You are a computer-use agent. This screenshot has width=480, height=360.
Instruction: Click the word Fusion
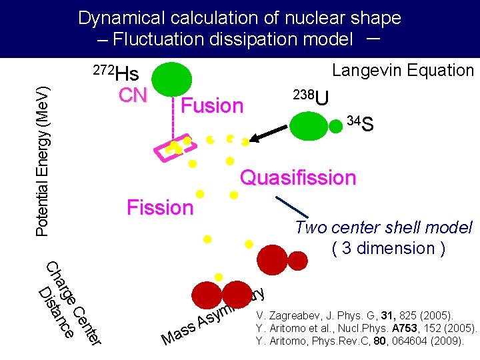tap(212, 106)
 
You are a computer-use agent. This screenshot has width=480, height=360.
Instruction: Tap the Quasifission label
tap(298, 178)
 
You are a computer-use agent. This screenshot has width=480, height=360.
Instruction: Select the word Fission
tap(160, 207)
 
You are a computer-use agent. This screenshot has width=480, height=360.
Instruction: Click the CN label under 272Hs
tap(133, 95)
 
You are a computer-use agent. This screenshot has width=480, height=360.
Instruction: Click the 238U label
tap(311, 97)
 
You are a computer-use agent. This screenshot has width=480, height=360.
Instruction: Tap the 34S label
tap(360, 123)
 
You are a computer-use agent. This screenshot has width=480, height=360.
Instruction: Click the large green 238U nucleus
tap(309, 126)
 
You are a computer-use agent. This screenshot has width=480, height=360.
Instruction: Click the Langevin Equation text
tap(403, 70)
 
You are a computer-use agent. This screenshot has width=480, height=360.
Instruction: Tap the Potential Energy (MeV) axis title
tap(41, 160)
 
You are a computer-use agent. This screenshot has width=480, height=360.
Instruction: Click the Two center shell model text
tap(383, 227)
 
